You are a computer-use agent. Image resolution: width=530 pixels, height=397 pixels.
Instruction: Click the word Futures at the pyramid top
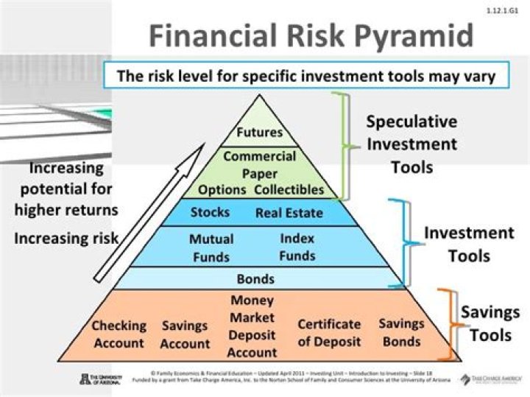click(260, 133)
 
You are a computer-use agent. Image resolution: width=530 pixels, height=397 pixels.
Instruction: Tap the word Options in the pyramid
click(222, 189)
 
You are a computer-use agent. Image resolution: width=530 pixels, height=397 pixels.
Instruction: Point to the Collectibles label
click(289, 189)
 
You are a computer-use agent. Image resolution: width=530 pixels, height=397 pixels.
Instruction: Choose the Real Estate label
click(289, 214)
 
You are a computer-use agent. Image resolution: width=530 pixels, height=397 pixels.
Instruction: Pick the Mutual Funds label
click(211, 248)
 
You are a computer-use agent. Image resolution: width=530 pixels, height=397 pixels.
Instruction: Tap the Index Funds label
click(297, 247)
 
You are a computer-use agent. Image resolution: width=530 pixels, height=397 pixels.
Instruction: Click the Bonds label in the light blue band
click(255, 279)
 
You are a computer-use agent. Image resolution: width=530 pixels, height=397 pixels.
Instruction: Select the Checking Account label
click(119, 334)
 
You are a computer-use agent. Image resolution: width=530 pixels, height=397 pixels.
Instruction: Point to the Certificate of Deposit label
click(329, 333)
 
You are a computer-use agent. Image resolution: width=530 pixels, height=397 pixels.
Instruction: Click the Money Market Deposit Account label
click(252, 326)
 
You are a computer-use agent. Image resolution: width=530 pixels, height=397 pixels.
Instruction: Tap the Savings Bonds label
click(401, 332)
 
